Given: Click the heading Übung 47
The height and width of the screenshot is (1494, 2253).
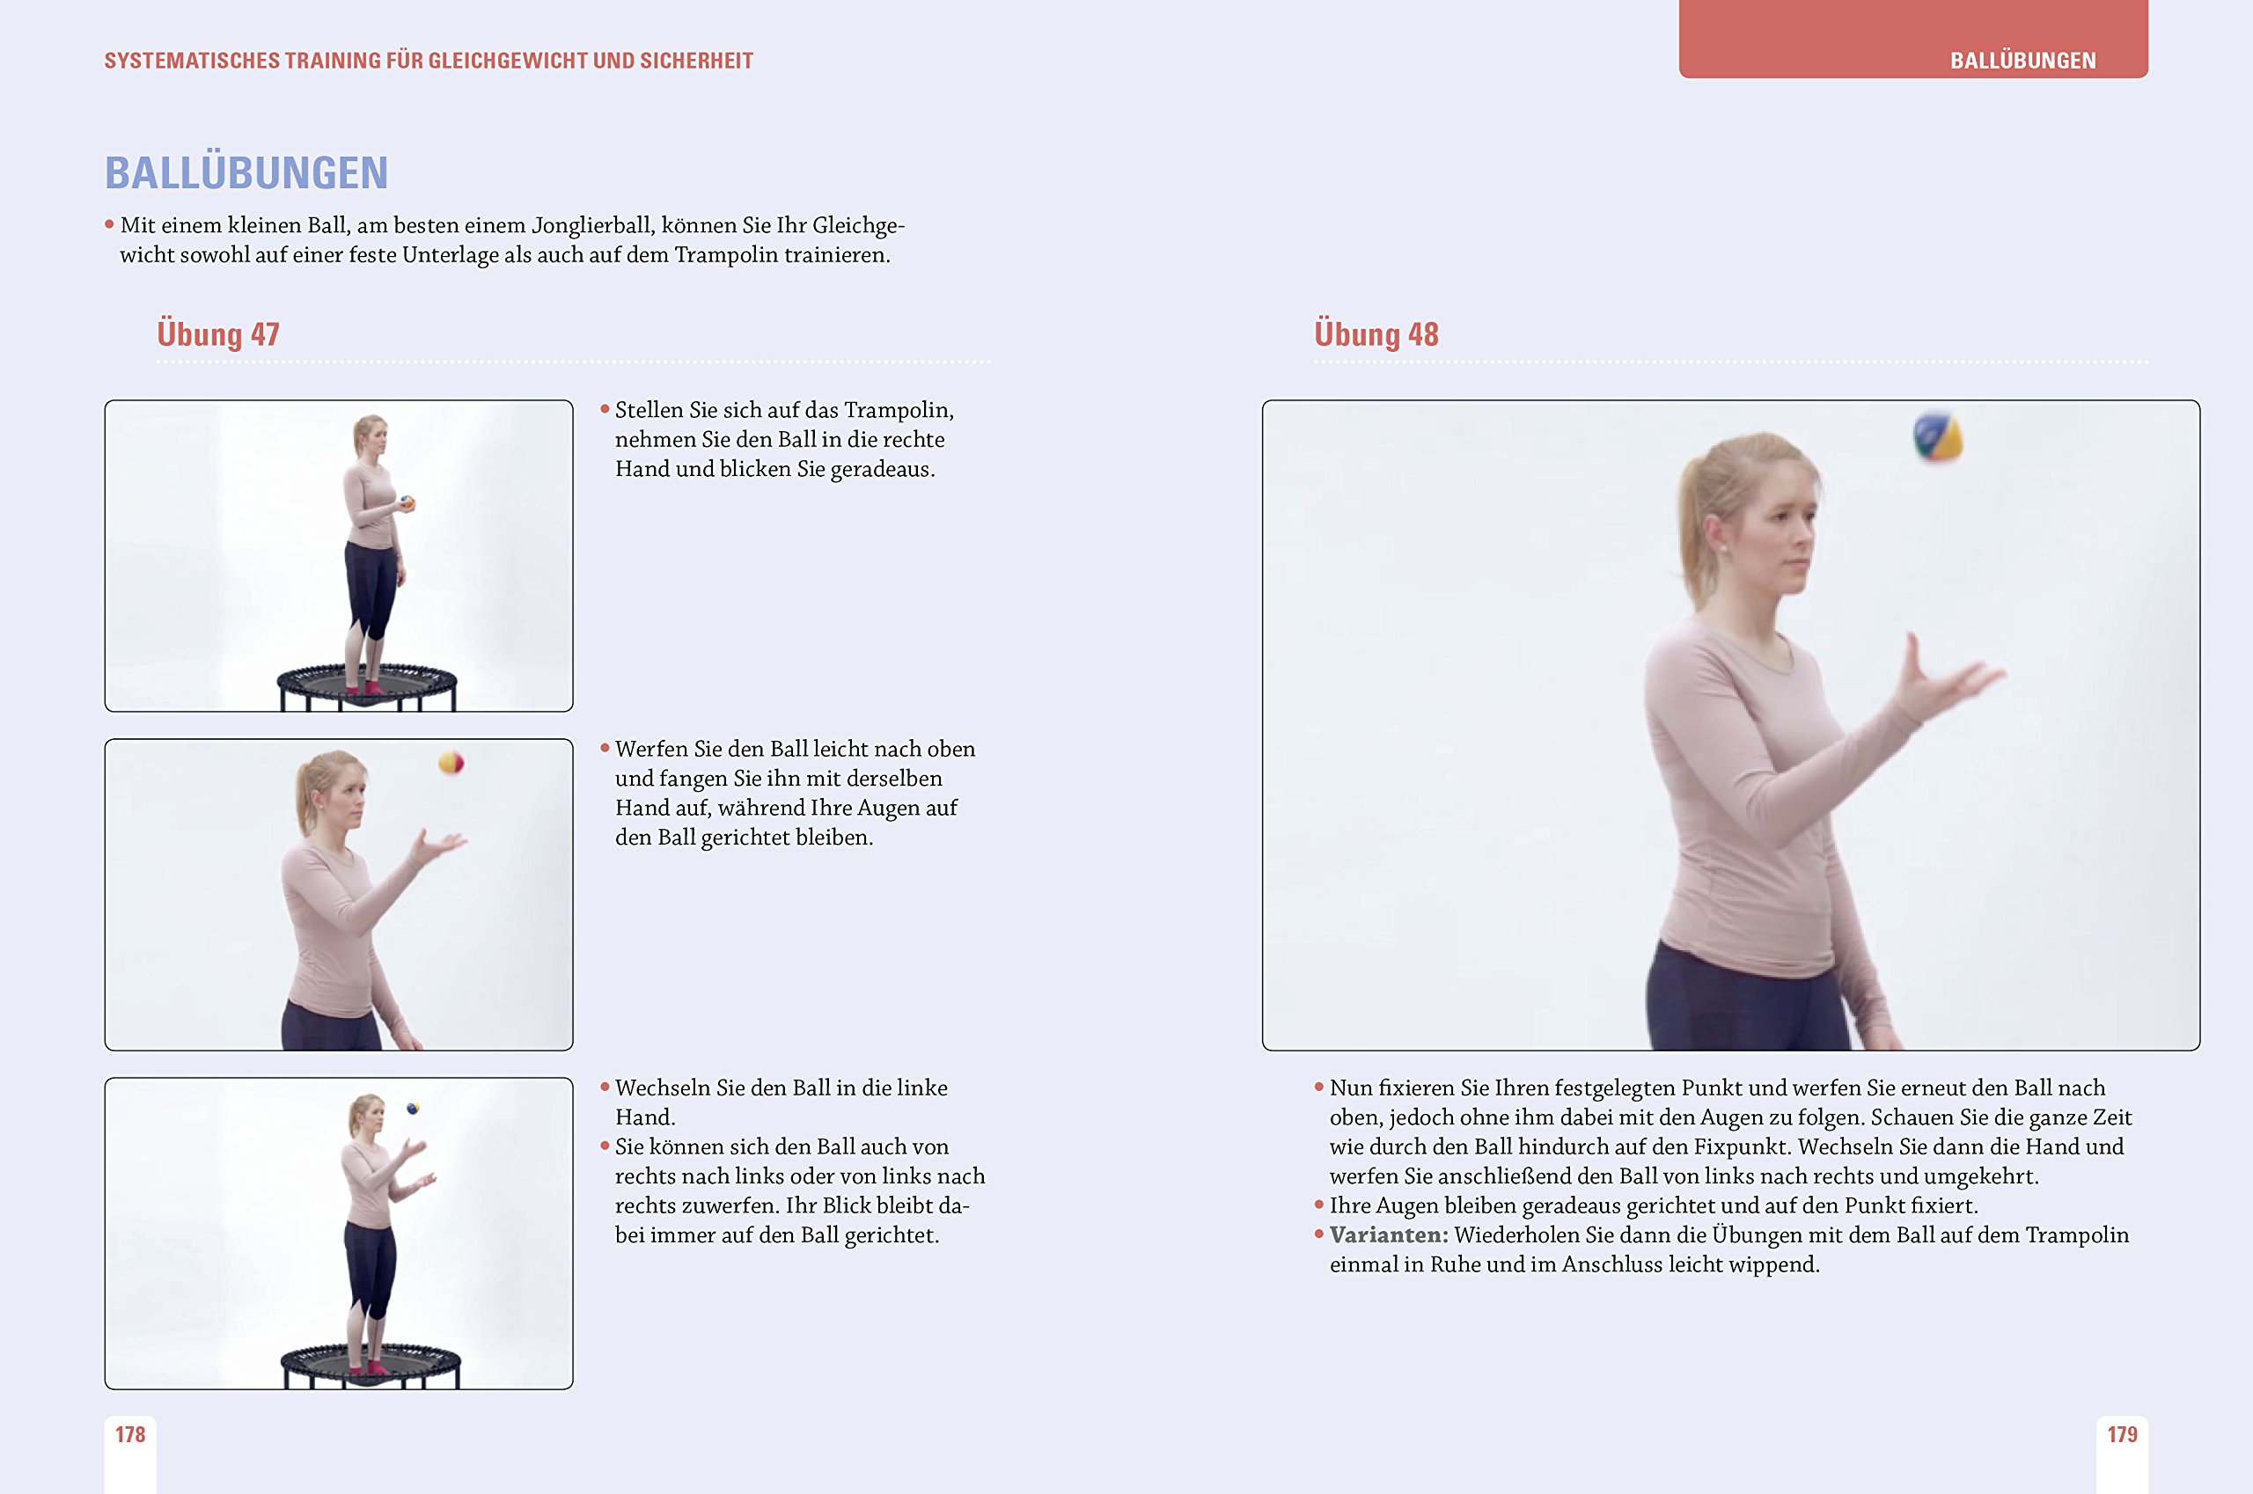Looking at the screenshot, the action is click(218, 334).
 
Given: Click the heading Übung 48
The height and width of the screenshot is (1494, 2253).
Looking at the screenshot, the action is click(1376, 334).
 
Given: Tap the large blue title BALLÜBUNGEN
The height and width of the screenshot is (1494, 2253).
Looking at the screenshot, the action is click(246, 172).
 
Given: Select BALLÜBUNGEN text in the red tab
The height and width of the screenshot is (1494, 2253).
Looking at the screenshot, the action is click(2022, 61).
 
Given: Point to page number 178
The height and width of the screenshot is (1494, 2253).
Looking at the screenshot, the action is click(130, 1435).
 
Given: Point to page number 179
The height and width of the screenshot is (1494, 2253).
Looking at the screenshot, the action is click(2122, 1435).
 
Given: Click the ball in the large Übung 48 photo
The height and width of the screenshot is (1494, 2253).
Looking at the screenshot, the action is click(1938, 436).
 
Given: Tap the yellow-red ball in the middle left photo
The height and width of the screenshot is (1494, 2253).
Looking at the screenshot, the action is click(451, 762).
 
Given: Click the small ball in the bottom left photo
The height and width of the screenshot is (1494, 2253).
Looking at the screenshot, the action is click(413, 1108).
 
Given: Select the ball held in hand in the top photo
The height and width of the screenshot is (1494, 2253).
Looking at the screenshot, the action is click(407, 502).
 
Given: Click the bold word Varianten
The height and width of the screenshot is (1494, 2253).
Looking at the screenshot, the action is click(1389, 1234).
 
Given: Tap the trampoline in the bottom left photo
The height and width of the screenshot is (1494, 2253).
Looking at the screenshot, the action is click(370, 1364).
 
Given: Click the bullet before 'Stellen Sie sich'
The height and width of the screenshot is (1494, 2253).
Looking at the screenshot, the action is click(605, 410).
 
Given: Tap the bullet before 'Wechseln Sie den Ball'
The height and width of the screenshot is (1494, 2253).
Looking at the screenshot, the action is click(605, 1088).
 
